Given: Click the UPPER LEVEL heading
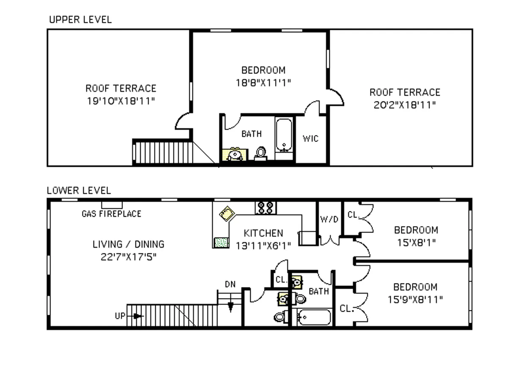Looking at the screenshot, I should tap(80, 19).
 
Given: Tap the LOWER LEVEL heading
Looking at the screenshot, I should tap(79, 191).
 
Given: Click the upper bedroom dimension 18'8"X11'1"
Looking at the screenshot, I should tap(263, 82).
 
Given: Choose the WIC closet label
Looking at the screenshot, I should tap(310, 138).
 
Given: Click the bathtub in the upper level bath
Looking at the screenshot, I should tap(284, 135).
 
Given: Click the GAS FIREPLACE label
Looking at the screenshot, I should tap(111, 214).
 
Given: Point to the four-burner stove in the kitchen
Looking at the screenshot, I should tap(265, 208).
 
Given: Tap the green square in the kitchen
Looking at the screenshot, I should tap(220, 242).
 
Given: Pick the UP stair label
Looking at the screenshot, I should tap(120, 316).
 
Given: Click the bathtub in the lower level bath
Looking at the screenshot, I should tap(314, 317).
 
